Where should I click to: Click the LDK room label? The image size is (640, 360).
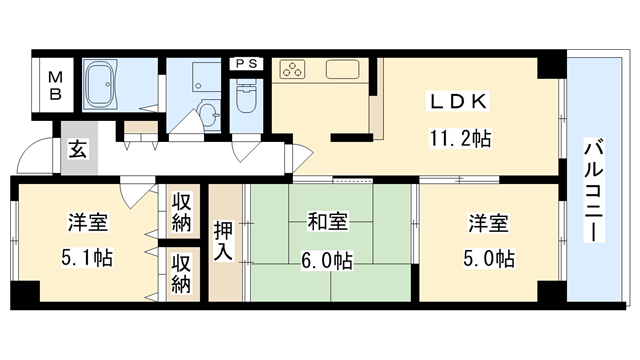[458, 102]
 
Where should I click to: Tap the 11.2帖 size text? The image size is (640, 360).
[460, 140]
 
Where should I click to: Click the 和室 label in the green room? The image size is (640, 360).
[328, 222]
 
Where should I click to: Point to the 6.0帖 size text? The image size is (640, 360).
[328, 260]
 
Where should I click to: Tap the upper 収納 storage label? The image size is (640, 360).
[180, 212]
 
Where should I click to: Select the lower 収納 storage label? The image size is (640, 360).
[180, 273]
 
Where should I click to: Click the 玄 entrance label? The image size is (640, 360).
[77, 149]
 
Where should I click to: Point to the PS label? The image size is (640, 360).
[245, 63]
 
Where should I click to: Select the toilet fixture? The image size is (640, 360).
[246, 98]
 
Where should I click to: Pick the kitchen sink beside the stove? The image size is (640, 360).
[342, 71]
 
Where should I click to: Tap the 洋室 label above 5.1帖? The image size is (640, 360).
[88, 222]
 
